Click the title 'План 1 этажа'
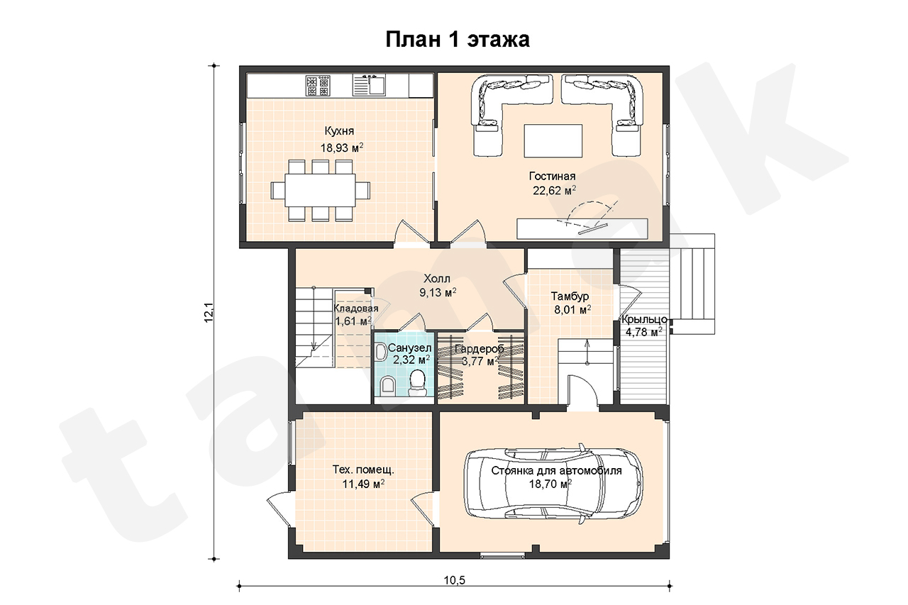coord(458,40)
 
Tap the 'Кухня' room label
coord(339,131)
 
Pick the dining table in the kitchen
coord(320,190)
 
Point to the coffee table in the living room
coord(553,140)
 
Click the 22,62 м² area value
coord(554,190)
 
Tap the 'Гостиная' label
coord(552,177)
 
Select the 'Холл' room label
coord(437,279)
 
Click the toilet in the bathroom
coord(417,383)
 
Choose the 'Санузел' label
coord(409,348)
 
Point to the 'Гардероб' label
coord(479,348)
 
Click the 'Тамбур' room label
coord(570,296)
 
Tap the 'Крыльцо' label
coord(645,319)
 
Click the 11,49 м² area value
coord(363,484)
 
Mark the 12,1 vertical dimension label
coord(209,312)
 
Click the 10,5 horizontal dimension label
coord(455,580)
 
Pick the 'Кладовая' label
coord(356,309)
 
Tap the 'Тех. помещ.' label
coord(363,470)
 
